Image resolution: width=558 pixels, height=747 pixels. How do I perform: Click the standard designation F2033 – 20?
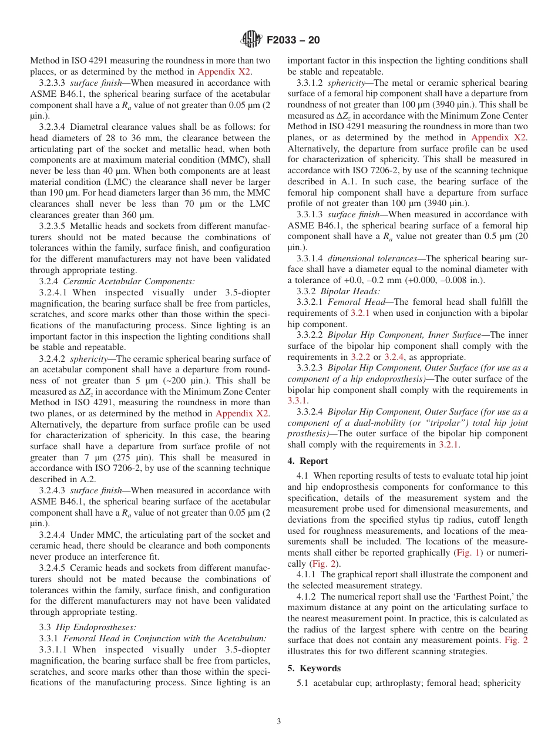(293, 41)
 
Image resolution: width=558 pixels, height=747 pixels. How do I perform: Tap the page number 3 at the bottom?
(279, 722)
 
